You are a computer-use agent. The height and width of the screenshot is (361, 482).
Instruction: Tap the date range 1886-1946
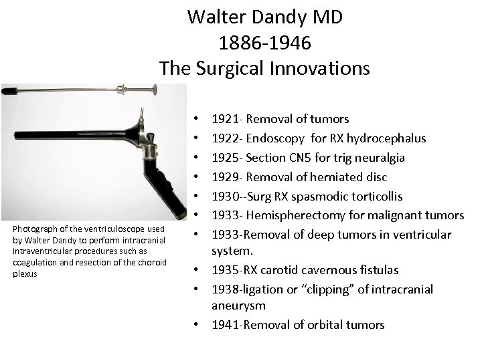264,43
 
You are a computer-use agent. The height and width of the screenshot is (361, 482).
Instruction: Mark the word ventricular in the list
420,235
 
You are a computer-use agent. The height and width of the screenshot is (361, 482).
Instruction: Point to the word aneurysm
239,306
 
